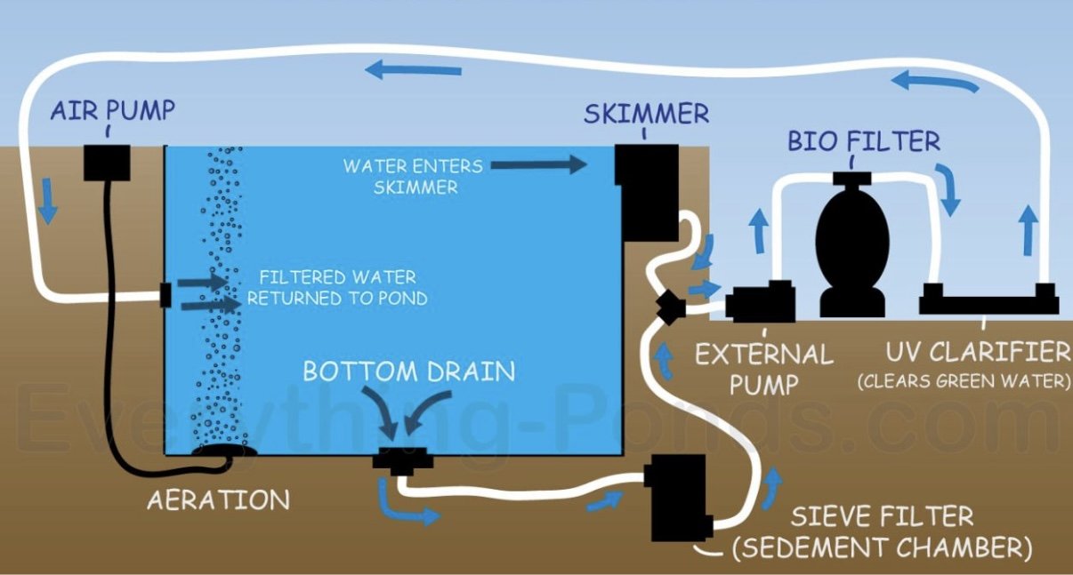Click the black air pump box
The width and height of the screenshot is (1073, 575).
[x=107, y=161]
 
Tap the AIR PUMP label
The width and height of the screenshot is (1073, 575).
[x=112, y=111]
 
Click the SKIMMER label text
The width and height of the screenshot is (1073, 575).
[x=646, y=114]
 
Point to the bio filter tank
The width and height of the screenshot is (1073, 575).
[x=851, y=247]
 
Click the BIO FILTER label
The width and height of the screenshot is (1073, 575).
[x=863, y=141]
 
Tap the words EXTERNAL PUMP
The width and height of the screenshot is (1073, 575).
[x=763, y=369]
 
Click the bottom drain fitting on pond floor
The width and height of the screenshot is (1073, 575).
[x=401, y=461]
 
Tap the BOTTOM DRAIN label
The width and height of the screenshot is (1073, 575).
[x=409, y=371]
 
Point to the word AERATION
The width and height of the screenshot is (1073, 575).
[x=219, y=499]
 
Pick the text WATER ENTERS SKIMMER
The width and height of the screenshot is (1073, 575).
[x=413, y=176]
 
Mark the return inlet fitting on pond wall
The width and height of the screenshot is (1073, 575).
[x=165, y=294]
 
